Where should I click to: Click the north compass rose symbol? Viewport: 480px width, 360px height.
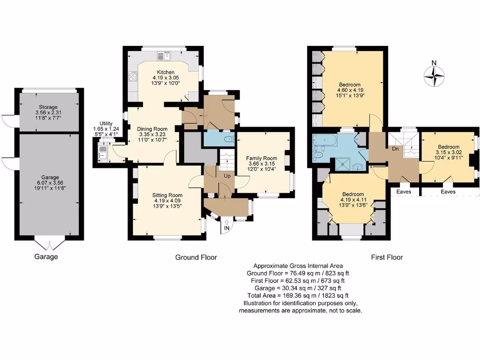434,75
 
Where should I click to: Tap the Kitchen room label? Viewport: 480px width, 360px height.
166,72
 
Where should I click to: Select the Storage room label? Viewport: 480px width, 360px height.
49,107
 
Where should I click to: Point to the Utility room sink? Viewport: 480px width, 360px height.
102,151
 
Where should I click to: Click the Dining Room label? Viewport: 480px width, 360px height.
152,129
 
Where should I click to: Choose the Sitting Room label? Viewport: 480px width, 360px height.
167,195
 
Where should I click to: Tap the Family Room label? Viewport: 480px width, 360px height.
262,158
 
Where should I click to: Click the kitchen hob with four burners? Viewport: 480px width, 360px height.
133,76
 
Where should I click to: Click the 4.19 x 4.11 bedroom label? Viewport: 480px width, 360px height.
352,194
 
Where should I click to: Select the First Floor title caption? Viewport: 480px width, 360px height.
387,257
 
